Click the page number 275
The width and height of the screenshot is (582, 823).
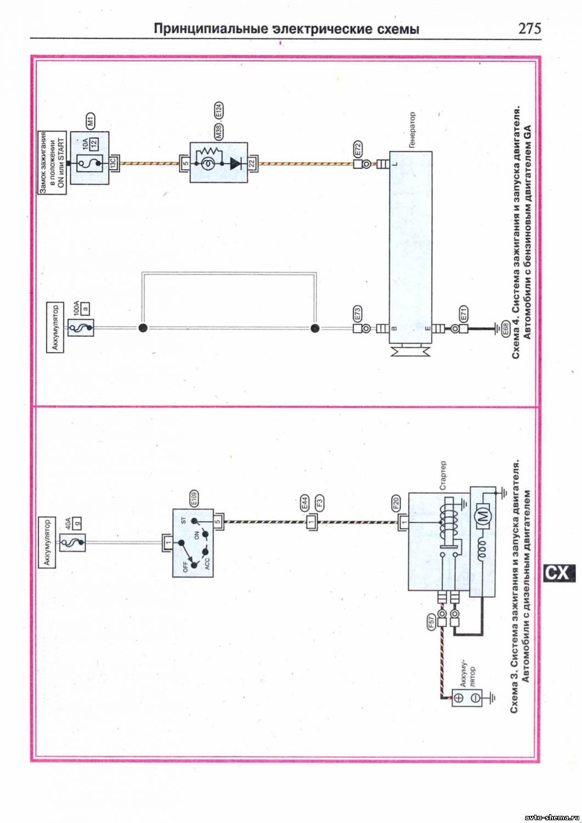tap(529, 29)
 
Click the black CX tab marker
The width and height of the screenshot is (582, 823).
tap(559, 573)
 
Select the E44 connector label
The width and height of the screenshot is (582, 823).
tap(305, 503)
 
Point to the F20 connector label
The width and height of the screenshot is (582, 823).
tap(396, 503)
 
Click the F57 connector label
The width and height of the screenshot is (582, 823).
tap(431, 621)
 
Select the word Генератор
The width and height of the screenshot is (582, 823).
tap(412, 129)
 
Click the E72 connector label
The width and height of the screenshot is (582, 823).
tap(358, 149)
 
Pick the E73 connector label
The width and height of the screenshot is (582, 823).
tap(358, 314)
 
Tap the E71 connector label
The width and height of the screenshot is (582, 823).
tap(464, 314)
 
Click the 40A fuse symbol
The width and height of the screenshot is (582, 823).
tap(72, 543)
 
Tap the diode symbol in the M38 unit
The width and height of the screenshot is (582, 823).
tap(236, 164)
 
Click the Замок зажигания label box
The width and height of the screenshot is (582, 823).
tap(52, 163)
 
